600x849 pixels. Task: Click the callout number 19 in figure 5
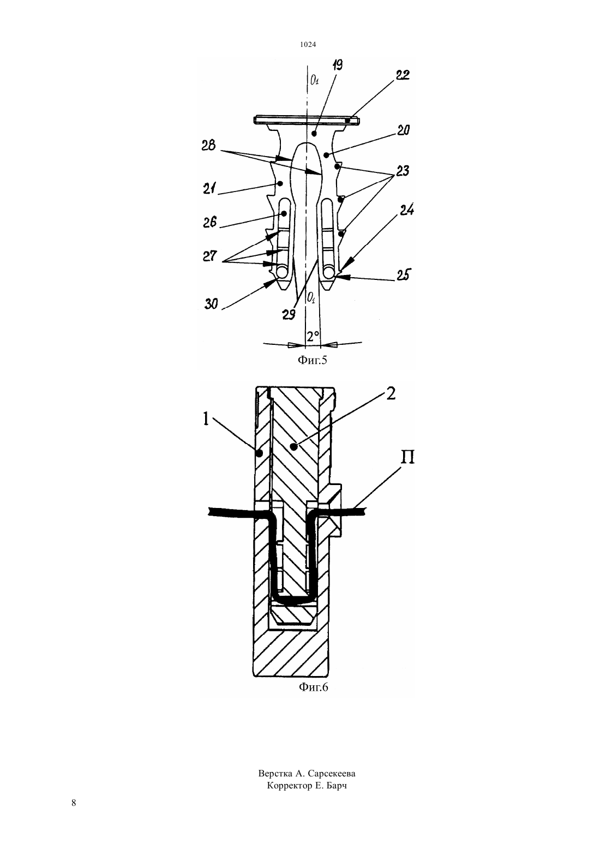(x=337, y=65)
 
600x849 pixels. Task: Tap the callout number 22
(x=403, y=75)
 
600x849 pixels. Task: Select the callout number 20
(x=403, y=130)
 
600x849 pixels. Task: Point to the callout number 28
(x=209, y=145)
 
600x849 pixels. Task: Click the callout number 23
(x=403, y=171)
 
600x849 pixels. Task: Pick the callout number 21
(x=209, y=188)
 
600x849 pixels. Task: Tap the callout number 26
(x=209, y=222)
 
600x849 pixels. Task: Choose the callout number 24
(x=406, y=210)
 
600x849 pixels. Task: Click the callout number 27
(x=209, y=256)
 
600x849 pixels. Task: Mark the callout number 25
(x=403, y=275)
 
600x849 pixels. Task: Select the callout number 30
(x=212, y=303)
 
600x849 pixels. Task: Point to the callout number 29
(x=289, y=315)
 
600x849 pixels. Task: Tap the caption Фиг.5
(x=312, y=360)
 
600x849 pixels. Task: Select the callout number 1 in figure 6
(x=206, y=419)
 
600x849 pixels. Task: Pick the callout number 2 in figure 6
(x=391, y=394)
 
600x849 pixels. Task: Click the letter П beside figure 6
(x=408, y=457)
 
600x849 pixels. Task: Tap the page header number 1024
(x=308, y=45)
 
